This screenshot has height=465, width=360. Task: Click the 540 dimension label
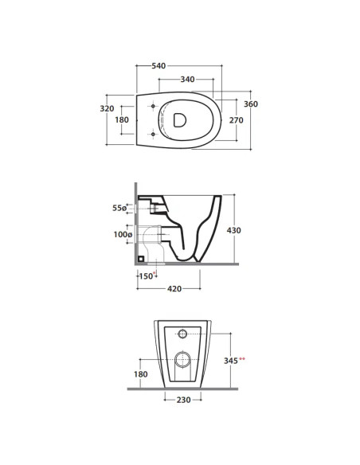point(158,66)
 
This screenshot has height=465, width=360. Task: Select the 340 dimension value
point(188,80)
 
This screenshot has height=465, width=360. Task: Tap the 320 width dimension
point(107,108)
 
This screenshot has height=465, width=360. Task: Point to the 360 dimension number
point(251,104)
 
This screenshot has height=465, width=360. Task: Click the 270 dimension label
point(237,120)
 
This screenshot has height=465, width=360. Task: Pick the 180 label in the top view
point(122,119)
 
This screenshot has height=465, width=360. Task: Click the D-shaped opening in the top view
point(180,120)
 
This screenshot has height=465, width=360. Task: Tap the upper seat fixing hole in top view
point(153,106)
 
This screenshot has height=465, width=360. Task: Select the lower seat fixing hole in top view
point(153,135)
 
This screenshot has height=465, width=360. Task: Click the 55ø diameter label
point(119,208)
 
